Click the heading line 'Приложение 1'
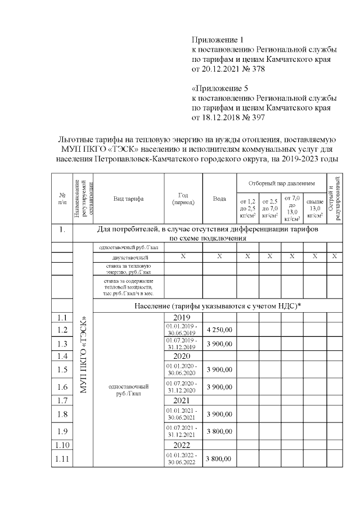[x=219, y=40]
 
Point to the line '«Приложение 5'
[x=220, y=89]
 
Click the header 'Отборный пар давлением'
[x=281, y=184]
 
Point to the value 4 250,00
[x=219, y=330]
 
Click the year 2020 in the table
[x=183, y=356]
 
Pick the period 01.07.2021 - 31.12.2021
[x=183, y=431]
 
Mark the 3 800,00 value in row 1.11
[x=219, y=459]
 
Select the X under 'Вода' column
[x=219, y=256]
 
